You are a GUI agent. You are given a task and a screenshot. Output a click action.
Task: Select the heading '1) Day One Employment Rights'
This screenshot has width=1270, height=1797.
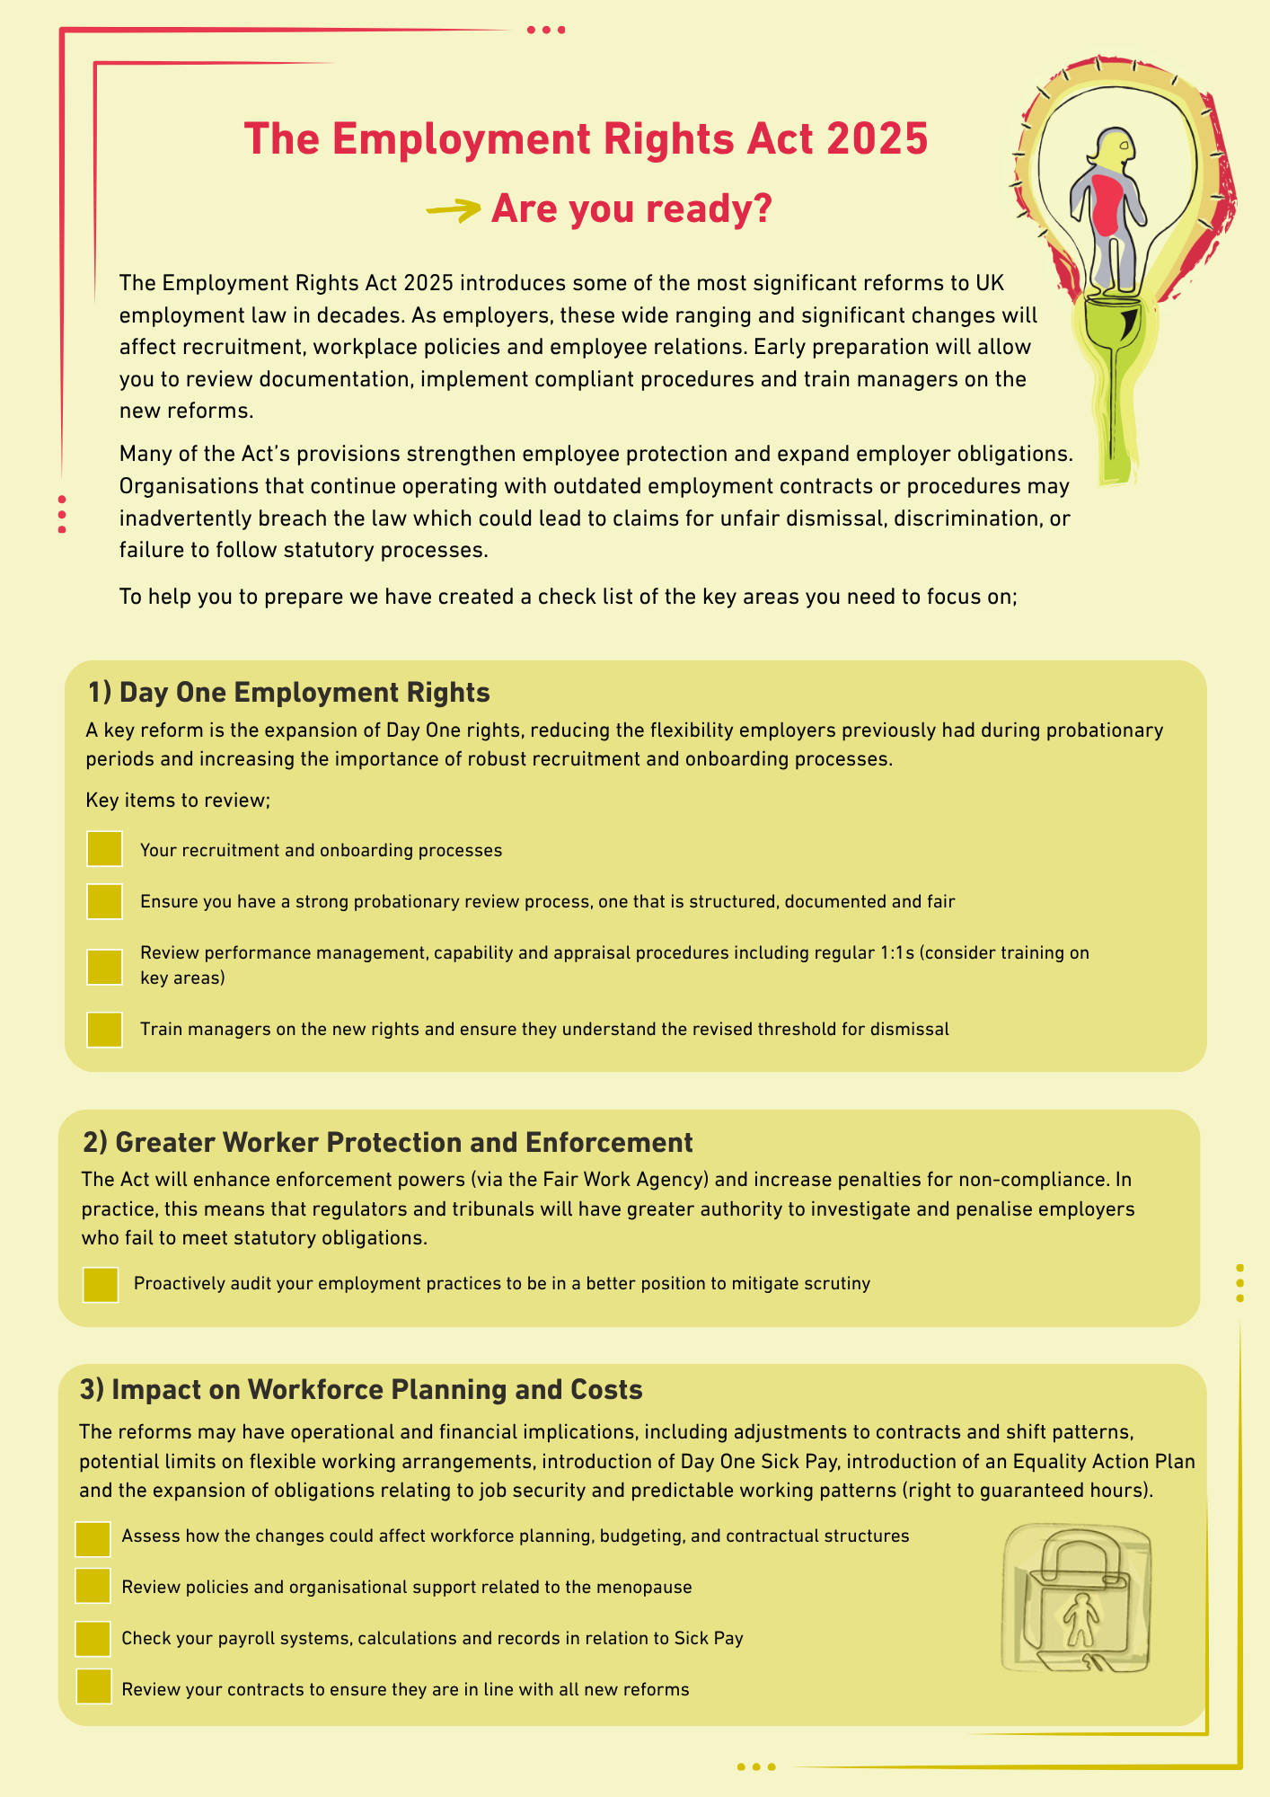288,692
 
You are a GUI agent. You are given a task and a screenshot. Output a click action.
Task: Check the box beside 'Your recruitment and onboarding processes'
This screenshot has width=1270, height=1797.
104,849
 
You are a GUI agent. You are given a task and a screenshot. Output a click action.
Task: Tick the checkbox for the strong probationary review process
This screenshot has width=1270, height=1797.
104,901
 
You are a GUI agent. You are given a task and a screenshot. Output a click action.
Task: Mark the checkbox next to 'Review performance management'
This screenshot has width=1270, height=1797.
104,966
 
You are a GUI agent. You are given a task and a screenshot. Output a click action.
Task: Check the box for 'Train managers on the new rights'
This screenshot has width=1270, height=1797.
104,1030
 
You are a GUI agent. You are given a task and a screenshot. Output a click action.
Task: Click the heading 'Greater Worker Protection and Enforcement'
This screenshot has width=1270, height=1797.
387,1142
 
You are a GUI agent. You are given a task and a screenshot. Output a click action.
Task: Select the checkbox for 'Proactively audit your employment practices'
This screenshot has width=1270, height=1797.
100,1284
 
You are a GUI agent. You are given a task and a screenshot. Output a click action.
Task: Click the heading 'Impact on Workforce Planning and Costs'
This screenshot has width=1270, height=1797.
361,1389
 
